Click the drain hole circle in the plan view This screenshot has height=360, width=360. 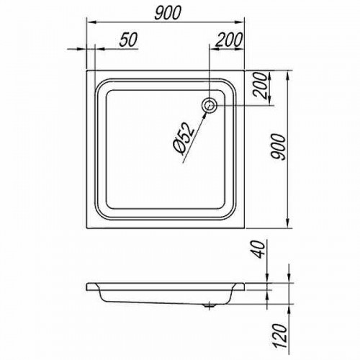click(x=210, y=106)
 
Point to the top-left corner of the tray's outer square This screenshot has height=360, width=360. click(x=87, y=71)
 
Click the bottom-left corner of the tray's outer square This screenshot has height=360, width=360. click(x=87, y=230)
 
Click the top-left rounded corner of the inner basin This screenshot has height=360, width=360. click(x=100, y=84)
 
